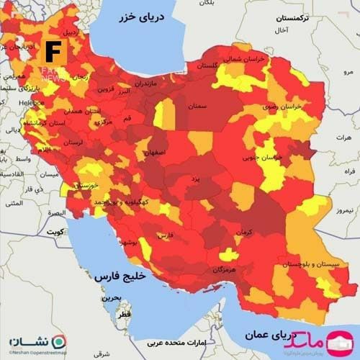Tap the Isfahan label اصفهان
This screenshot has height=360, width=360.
coord(153,153)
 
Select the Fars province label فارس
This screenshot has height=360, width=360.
coord(166,235)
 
